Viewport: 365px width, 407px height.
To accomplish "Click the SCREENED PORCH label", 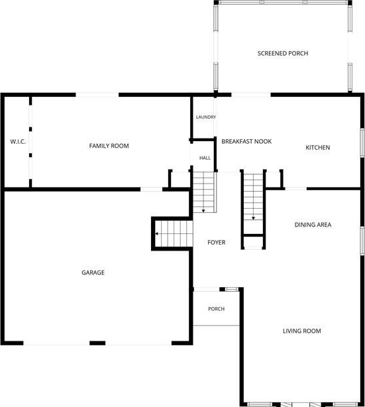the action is pyautogui.click(x=283, y=53).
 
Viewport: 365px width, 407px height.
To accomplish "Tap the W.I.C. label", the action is pyautogui.click(x=18, y=141).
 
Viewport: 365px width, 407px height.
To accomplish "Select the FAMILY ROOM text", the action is pyautogui.click(x=109, y=146).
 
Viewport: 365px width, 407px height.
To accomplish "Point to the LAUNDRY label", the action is pyautogui.click(x=206, y=117).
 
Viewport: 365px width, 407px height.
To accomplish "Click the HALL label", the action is pyautogui.click(x=205, y=158).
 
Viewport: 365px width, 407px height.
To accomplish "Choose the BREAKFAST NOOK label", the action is pyautogui.click(x=246, y=141).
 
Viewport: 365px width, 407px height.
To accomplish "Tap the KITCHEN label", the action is pyautogui.click(x=318, y=147).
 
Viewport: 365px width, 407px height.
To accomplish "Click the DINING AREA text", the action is pyautogui.click(x=313, y=225).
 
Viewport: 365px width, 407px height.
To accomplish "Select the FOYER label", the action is pyautogui.click(x=217, y=242).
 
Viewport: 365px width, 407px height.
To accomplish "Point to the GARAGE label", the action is pyautogui.click(x=93, y=272).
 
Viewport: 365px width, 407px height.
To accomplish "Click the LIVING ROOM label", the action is pyautogui.click(x=301, y=331).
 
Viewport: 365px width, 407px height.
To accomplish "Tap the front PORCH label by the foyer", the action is pyautogui.click(x=217, y=309).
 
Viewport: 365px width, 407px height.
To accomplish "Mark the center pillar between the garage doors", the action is pyautogui.click(x=97, y=343).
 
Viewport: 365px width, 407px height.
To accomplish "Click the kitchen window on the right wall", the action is pyautogui.click(x=362, y=143).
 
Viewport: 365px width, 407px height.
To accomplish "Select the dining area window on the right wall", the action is pyautogui.click(x=362, y=241).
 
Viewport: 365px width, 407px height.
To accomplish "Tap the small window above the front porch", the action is pyautogui.click(x=231, y=289).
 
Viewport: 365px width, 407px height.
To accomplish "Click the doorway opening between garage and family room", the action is pyautogui.click(x=152, y=189).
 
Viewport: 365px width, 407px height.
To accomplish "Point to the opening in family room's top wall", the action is pyautogui.click(x=97, y=95).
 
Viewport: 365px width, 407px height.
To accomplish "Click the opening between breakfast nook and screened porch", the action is pyautogui.click(x=251, y=95).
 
